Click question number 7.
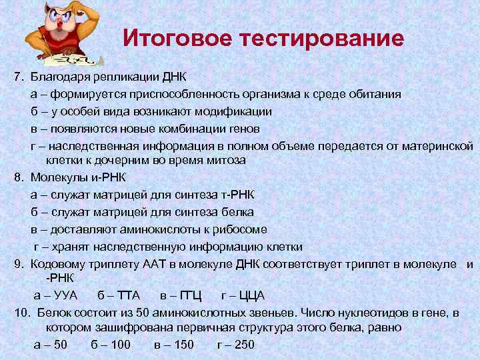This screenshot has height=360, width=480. click(18, 77)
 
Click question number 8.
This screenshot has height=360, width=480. click(18, 177)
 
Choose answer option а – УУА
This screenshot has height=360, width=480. click(55, 295)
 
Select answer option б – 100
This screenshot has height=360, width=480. click(110, 345)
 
